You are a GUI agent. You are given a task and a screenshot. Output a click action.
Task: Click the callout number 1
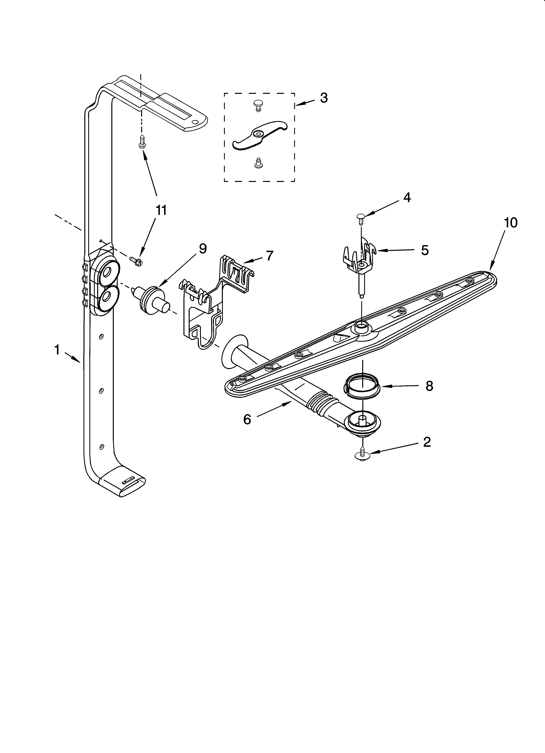coord(57,350)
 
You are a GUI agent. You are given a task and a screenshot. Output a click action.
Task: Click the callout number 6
coord(247,419)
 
